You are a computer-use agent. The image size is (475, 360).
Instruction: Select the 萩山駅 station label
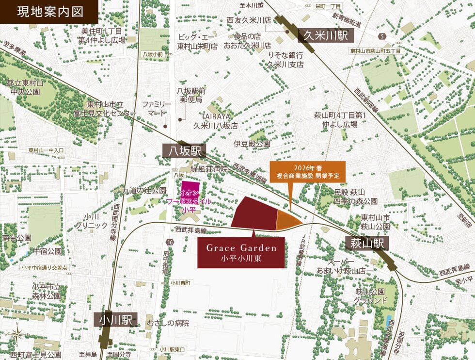click(368, 244)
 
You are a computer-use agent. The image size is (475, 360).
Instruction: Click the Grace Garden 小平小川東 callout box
click(241, 252)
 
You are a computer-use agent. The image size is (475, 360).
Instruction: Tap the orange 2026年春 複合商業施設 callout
click(308, 172)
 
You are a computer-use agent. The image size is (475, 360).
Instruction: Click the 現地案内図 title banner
click(49, 12)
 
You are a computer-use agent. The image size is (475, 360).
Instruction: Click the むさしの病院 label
click(168, 323)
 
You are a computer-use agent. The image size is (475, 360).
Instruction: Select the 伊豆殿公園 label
click(252, 144)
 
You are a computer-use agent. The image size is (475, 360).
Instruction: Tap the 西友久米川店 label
click(249, 20)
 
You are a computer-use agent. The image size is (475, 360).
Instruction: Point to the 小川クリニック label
click(91, 221)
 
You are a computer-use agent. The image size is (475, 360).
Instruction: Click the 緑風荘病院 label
click(209, 169)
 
